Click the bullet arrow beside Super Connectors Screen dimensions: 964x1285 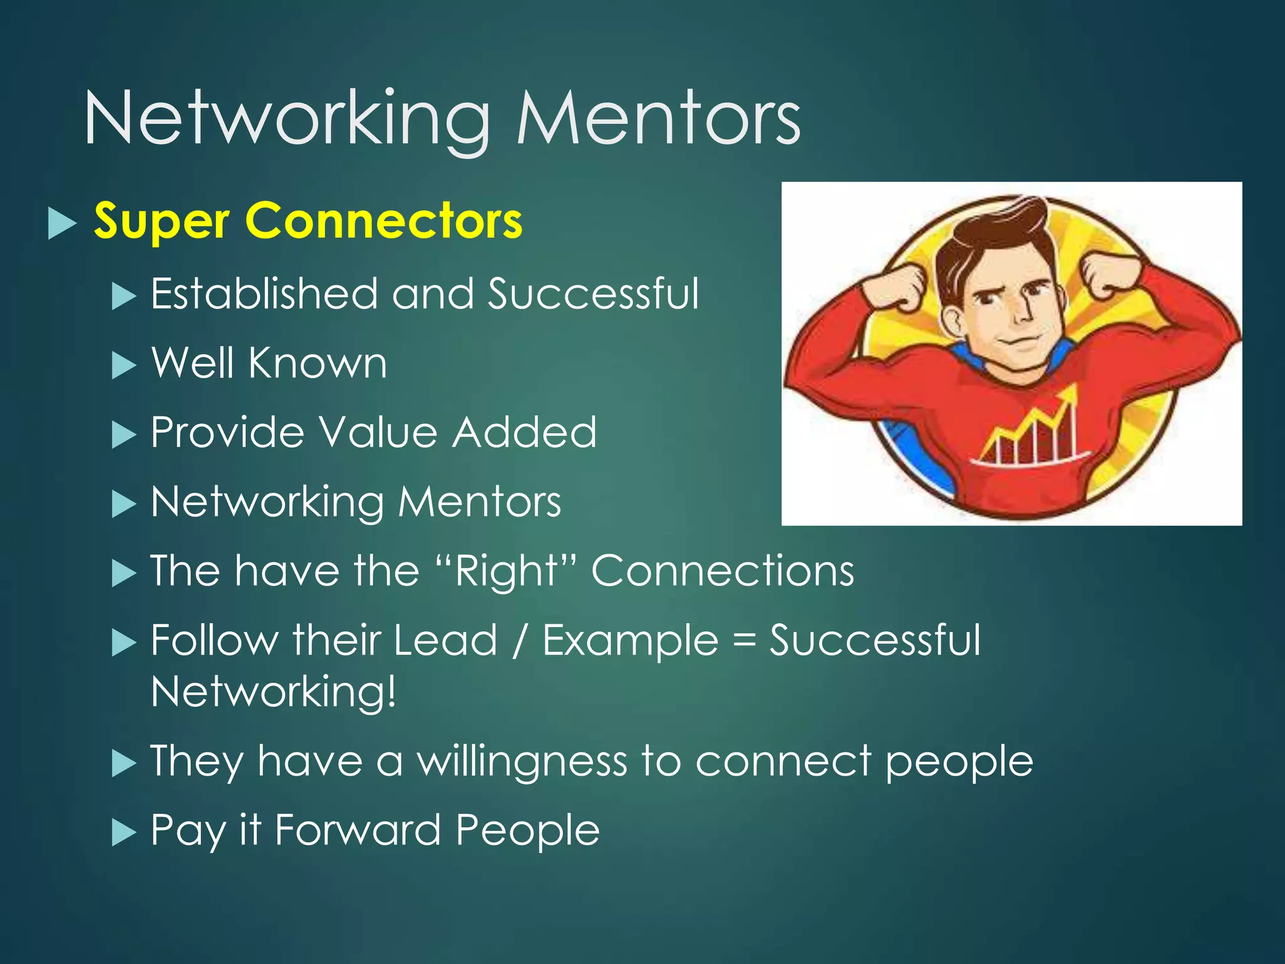[x=61, y=223]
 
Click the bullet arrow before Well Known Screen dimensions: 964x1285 [x=124, y=365]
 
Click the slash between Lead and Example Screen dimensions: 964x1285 [x=520, y=641]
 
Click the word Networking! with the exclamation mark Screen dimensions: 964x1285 [x=274, y=692]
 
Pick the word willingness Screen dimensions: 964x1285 [x=522, y=761]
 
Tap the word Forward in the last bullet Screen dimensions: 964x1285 [x=358, y=830]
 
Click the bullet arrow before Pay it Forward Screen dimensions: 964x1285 [x=124, y=833]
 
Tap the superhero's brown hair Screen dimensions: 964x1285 [x=991, y=235]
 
